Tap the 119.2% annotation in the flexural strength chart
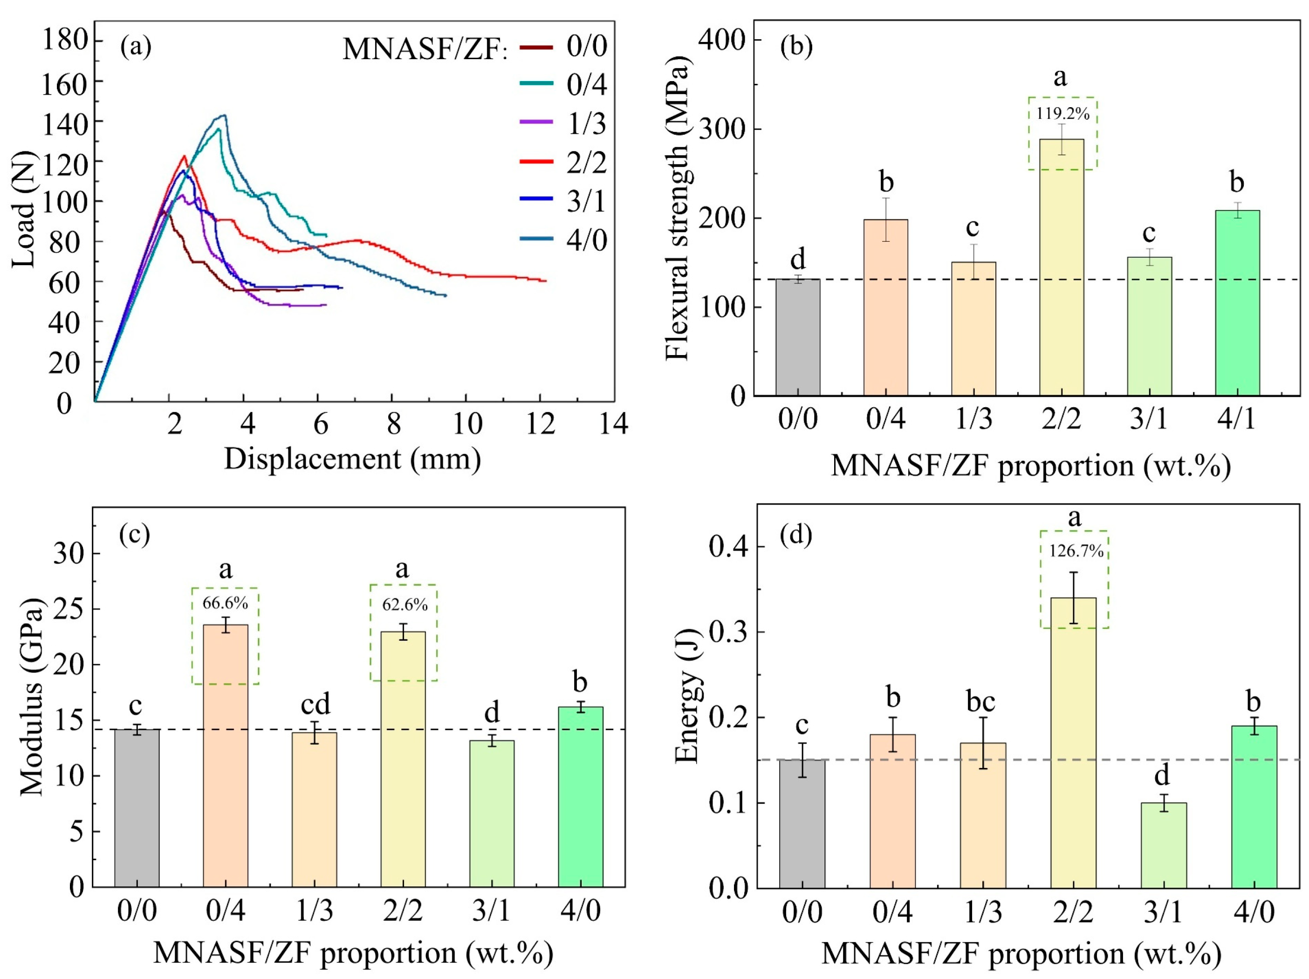pos(1062,114)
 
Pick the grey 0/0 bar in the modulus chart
pos(137,808)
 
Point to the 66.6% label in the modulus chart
pos(225,603)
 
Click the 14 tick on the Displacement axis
pos(614,424)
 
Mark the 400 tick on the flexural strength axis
pos(723,39)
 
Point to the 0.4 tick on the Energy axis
pos(727,547)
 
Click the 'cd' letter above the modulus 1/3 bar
pos(315,705)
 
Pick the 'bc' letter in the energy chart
pos(980,702)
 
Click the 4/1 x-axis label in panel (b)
pos(1236,419)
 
